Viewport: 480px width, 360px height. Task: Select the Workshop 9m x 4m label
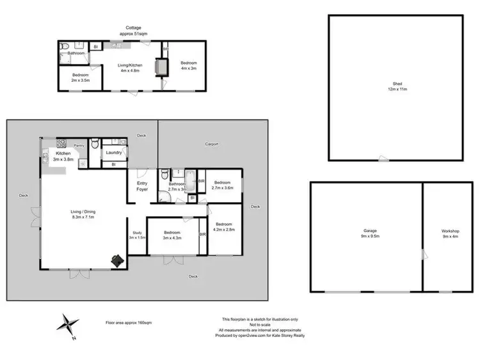[x=451, y=233]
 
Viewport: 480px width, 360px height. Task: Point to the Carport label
[x=211, y=144]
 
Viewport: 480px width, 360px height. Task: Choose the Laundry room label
[x=115, y=153]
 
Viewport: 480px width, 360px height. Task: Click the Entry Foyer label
[x=142, y=186]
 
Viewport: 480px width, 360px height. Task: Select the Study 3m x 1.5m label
[x=137, y=235]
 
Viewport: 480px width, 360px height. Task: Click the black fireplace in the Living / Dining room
[x=118, y=260]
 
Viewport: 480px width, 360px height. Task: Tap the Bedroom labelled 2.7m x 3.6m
[x=221, y=184]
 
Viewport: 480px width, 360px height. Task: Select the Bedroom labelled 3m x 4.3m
[x=172, y=235]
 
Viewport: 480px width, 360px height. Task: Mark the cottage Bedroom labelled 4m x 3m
[x=189, y=65]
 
